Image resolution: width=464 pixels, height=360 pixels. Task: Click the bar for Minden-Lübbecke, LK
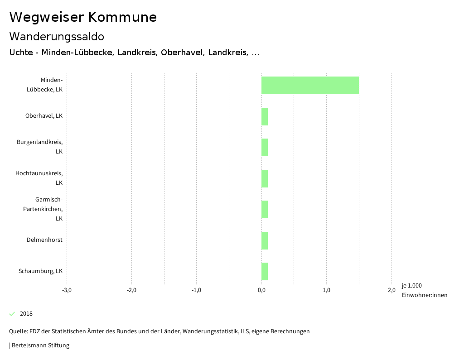point(310,85)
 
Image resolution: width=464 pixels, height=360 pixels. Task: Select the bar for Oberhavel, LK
point(265,116)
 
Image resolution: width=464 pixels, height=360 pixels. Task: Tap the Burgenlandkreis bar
point(265,147)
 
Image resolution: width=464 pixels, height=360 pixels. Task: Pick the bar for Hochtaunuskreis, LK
point(265,178)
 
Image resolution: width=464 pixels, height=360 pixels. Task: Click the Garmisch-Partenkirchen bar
point(265,209)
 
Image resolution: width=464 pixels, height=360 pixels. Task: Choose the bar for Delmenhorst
point(265,240)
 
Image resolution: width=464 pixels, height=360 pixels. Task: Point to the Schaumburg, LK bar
point(265,271)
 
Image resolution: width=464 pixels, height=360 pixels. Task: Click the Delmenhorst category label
point(44,240)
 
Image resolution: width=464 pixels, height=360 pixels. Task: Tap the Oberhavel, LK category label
point(44,116)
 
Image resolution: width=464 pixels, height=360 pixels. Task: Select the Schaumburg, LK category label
point(41,271)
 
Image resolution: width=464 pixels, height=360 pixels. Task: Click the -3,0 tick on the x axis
point(67,290)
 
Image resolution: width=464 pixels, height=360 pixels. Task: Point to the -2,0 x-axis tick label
point(131,290)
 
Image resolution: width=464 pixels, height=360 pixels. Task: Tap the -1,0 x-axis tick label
point(196,290)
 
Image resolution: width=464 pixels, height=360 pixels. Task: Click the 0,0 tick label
point(261,290)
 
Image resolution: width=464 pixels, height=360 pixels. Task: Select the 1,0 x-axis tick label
point(326,290)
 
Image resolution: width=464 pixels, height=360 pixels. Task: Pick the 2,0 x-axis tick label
point(391,290)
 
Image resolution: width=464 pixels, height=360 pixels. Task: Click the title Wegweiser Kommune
point(83,17)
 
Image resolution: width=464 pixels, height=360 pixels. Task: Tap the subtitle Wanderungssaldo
point(57,36)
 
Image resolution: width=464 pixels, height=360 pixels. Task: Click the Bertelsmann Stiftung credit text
point(40,346)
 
